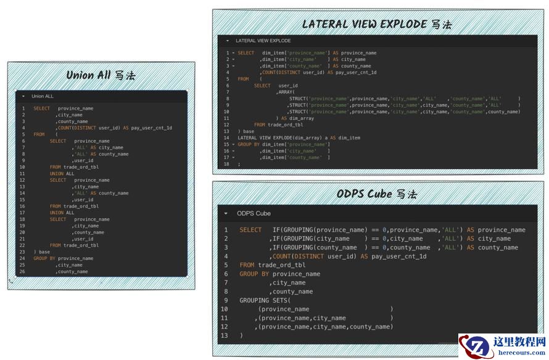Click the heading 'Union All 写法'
coord(101,76)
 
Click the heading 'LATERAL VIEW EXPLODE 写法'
coord(376,25)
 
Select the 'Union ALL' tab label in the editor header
coord(43,96)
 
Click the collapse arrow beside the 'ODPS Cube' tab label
coord(226,214)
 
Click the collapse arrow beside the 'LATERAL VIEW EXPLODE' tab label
coord(227,41)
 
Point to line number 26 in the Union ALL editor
coord(22,271)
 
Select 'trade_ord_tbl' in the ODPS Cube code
coord(281,265)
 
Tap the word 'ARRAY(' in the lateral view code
coord(286,92)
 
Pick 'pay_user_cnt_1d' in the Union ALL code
coord(152,128)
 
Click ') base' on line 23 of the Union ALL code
coord(43,252)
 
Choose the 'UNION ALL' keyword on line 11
coord(62,174)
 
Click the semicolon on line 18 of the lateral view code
coord(239,164)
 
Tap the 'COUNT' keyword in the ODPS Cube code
coord(281,256)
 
